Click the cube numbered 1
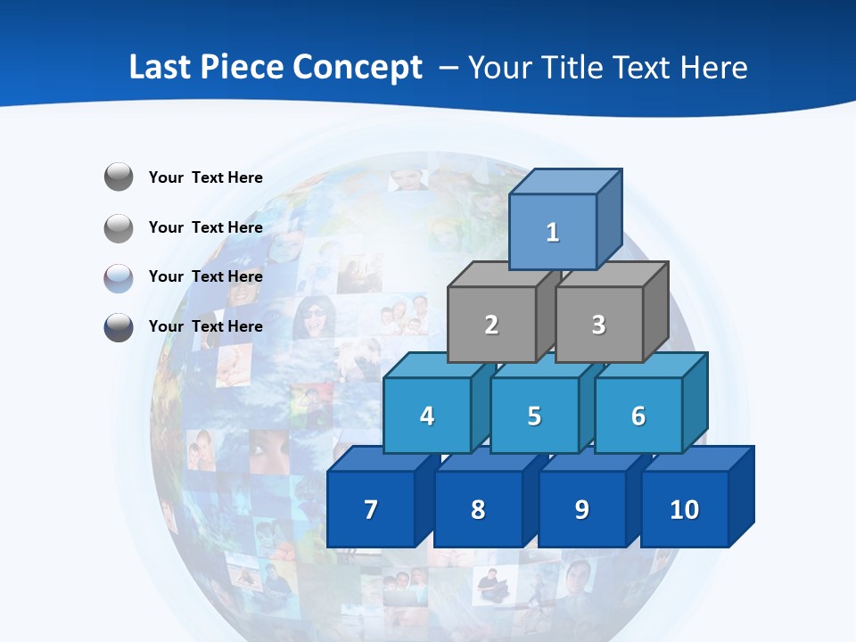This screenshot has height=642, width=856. point(553,232)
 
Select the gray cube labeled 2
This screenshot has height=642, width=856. point(491,325)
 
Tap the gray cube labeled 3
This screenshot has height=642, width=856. point(598,325)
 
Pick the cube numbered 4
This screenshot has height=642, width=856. point(427,416)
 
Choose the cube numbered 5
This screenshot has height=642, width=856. point(534,416)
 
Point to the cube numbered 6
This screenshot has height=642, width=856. point(638,416)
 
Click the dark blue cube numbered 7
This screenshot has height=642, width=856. point(371,509)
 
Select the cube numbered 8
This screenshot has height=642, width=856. point(478,509)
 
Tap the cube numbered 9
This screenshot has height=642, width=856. point(581,509)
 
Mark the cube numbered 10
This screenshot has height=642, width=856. point(685,509)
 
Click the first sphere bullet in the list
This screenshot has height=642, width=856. point(119,177)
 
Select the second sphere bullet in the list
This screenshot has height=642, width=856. point(119,227)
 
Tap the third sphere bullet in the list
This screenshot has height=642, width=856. point(119,277)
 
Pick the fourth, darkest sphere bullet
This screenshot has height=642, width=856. point(119,327)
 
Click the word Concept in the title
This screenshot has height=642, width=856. point(358,67)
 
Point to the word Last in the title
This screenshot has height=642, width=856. point(160,67)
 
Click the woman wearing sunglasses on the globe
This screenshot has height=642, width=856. point(315,317)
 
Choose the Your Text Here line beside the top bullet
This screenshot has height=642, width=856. point(206,177)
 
